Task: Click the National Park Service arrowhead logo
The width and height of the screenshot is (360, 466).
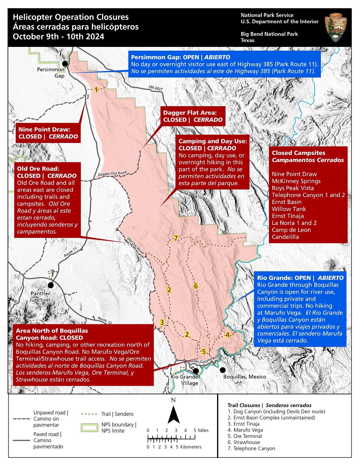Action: coord(335,28)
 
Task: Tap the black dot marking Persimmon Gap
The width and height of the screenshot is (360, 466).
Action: coord(65,63)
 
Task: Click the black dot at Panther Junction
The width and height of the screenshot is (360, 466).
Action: coord(51,285)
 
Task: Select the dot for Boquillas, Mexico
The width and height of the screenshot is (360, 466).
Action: coord(223,370)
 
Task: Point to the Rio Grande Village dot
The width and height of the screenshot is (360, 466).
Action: coord(196,371)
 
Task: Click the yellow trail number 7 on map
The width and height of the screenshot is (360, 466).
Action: coord(175,238)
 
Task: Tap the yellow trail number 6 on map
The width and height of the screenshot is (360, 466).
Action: coord(196,286)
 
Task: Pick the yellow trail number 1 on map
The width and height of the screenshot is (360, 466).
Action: coord(96,90)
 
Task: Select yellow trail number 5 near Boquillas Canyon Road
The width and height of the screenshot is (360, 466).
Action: coord(204,352)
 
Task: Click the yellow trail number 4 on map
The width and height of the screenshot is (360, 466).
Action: coord(227,335)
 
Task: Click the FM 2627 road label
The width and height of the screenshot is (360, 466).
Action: coord(155,88)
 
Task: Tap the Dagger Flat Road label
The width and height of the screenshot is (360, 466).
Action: coord(112,174)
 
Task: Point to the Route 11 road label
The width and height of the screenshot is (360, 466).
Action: coord(70,252)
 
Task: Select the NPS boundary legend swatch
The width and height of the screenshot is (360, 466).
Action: coord(89,427)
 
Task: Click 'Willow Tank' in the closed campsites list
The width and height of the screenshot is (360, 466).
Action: coord(289,209)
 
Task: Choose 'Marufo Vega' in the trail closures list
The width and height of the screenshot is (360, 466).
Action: coord(248,430)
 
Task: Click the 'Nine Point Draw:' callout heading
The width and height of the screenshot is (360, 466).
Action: coord(44,129)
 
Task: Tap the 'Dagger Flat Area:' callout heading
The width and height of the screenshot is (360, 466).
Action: coord(190,113)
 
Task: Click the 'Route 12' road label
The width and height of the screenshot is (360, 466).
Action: coord(105,320)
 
